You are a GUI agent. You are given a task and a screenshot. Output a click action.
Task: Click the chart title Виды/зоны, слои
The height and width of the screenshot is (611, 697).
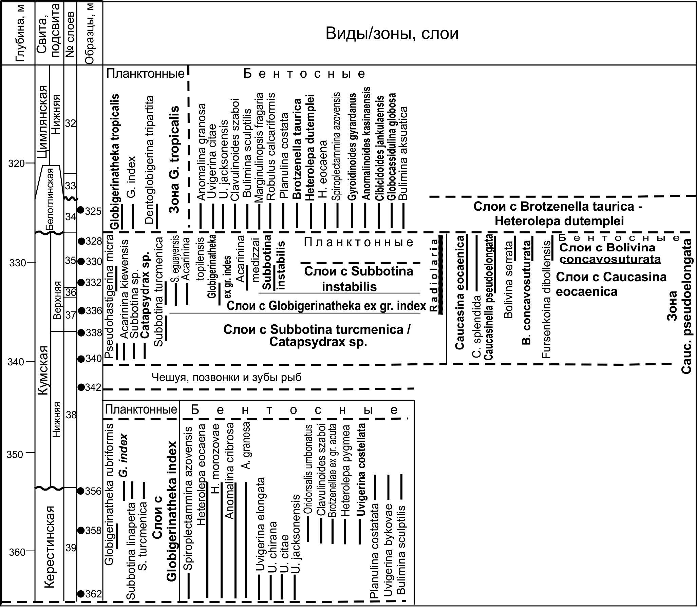392,34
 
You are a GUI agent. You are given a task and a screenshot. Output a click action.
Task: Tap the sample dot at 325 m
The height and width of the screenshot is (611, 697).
80,210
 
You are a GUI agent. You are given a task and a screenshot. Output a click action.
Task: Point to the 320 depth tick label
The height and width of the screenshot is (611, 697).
16,164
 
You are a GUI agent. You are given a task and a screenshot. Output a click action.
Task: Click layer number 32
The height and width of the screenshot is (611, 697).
70,123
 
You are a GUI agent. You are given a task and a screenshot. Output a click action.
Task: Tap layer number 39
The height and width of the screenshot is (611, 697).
71,548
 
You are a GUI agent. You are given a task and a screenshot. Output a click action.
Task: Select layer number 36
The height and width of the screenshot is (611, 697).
71,292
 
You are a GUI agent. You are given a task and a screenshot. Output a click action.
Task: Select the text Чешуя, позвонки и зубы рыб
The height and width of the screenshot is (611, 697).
226,377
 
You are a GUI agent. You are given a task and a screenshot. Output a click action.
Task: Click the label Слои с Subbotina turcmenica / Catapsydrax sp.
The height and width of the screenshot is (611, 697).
317,336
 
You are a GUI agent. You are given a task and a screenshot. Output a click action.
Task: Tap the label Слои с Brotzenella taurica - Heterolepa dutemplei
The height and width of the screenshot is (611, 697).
559,214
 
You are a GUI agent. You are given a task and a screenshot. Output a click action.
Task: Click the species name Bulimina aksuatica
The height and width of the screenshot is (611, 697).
403,153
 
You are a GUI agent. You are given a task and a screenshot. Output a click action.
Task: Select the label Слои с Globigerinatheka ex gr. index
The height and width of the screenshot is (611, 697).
326,306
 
